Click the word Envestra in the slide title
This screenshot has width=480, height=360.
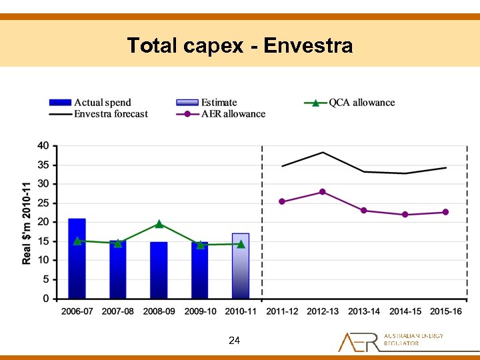308,45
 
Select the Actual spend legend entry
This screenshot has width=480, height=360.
90,102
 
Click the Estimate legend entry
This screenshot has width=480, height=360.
206,102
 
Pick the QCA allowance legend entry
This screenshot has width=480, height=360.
349,102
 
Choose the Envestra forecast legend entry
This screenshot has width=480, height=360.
98,113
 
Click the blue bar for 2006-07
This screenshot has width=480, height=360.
77,259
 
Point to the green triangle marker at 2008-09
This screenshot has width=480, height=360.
159,224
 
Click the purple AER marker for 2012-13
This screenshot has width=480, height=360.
323,192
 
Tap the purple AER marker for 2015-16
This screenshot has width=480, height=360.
445,212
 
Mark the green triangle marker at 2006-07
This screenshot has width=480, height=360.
77,241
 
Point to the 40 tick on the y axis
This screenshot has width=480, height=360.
43,145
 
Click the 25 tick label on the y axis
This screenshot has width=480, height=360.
43,203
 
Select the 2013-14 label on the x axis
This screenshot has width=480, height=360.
364,311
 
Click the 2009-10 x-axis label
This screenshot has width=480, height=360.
200,311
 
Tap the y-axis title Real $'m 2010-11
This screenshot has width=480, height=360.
27,222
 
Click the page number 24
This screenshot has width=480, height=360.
234,341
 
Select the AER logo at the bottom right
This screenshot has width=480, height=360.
390,341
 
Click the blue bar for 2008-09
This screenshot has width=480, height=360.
159,270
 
